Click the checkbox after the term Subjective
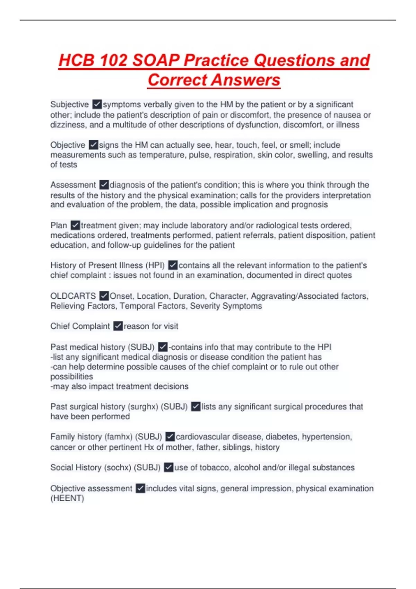click(x=97, y=104)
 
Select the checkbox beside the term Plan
click(x=75, y=225)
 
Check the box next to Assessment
click(x=104, y=185)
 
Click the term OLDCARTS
click(x=73, y=296)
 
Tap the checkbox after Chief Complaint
click(x=118, y=326)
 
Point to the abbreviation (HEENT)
click(x=67, y=498)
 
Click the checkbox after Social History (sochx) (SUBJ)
click(x=168, y=467)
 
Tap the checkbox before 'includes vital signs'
click(x=140, y=488)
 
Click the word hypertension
click(x=327, y=437)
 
